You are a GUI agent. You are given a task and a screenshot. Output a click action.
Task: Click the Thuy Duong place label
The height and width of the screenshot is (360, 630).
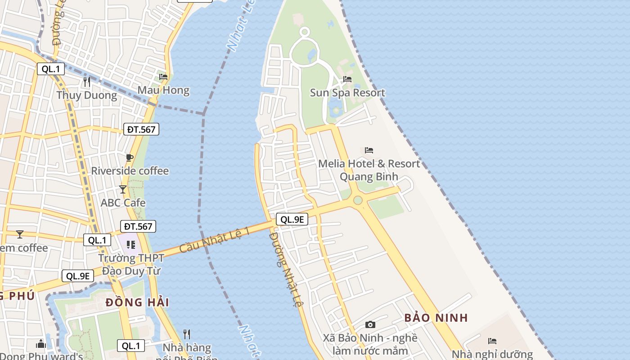tap(86, 95)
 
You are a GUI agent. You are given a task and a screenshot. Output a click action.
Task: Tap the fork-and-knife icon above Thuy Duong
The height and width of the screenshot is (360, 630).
tap(87, 81)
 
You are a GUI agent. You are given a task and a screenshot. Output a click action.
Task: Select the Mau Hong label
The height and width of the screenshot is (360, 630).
tap(163, 90)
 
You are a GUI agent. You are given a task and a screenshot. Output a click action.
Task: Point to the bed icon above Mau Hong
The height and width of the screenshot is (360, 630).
tap(163, 77)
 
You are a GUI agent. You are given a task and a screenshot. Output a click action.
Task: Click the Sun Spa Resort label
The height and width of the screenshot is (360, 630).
tap(347, 93)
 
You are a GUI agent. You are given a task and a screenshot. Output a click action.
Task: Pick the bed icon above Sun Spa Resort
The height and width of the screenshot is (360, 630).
tap(347, 79)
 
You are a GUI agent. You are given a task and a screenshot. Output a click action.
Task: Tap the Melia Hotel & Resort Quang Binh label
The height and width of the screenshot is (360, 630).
tap(369, 170)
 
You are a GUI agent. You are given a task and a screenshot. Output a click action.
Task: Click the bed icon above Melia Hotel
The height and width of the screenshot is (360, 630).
tap(369, 150)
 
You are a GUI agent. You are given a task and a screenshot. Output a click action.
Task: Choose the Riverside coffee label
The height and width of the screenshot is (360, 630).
tap(130, 171)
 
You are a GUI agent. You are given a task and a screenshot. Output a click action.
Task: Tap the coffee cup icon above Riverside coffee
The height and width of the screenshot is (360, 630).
tap(130, 157)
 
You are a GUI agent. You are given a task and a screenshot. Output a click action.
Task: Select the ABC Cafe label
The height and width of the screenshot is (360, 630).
tap(123, 202)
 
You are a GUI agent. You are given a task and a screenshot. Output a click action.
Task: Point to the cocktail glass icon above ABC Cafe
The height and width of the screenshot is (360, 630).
tap(123, 189)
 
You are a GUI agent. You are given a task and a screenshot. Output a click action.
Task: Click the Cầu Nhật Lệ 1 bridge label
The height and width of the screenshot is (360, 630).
tap(215, 240)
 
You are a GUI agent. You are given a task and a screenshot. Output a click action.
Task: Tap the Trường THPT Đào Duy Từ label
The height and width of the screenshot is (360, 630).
tap(131, 265)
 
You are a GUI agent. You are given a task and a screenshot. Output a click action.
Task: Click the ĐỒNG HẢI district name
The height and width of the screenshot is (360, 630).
tap(137, 302)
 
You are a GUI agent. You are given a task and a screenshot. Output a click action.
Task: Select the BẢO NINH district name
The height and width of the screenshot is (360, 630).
tap(436, 318)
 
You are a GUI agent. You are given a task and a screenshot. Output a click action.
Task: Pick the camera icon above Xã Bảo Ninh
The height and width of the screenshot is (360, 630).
tap(370, 324)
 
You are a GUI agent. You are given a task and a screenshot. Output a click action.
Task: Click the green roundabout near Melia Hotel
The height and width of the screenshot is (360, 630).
tap(358, 200)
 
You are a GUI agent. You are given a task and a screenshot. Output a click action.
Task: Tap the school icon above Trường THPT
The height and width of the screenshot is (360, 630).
tap(131, 244)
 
